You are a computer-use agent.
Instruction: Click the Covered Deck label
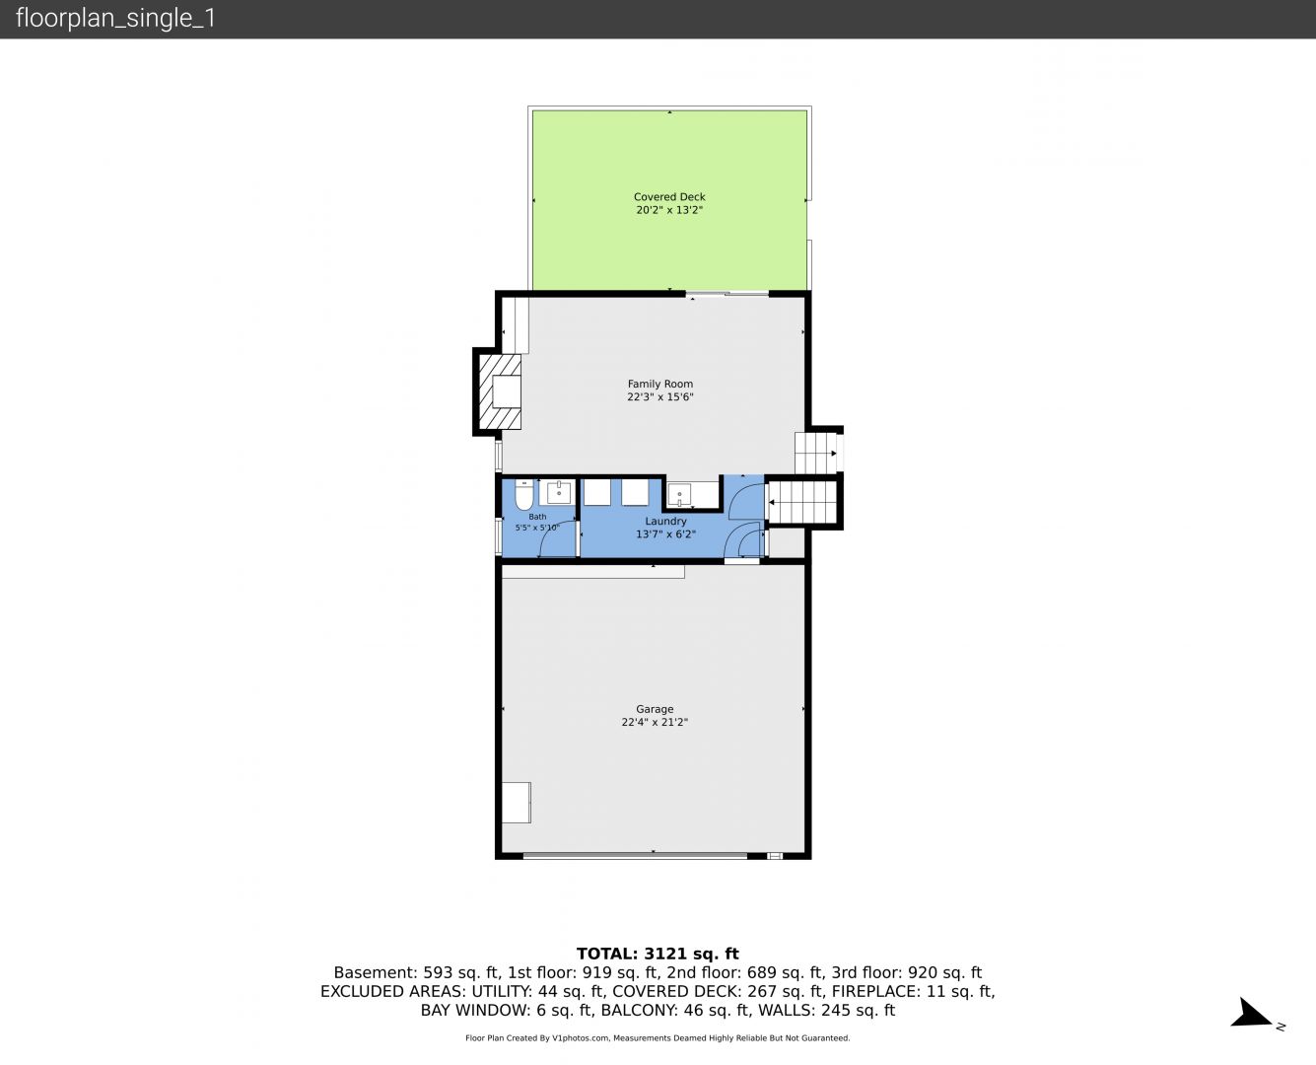(x=669, y=196)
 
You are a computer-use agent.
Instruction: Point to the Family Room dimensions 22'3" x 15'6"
(x=659, y=396)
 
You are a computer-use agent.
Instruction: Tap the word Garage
(x=655, y=709)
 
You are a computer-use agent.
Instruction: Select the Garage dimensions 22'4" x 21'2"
(x=655, y=722)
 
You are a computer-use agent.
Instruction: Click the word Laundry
(x=665, y=521)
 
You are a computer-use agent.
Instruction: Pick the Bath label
(x=537, y=517)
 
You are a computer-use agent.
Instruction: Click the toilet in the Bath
(x=523, y=494)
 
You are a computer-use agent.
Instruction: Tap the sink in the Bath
(x=559, y=493)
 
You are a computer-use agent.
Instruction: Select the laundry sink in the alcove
(x=679, y=494)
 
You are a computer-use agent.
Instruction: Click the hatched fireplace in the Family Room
(x=500, y=391)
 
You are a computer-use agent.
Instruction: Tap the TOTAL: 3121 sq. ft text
(x=658, y=954)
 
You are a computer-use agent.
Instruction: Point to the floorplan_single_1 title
(x=115, y=18)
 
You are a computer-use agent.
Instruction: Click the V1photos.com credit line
(x=658, y=1037)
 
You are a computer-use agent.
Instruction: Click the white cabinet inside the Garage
(x=516, y=803)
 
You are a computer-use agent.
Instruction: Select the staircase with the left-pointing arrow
(x=801, y=502)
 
